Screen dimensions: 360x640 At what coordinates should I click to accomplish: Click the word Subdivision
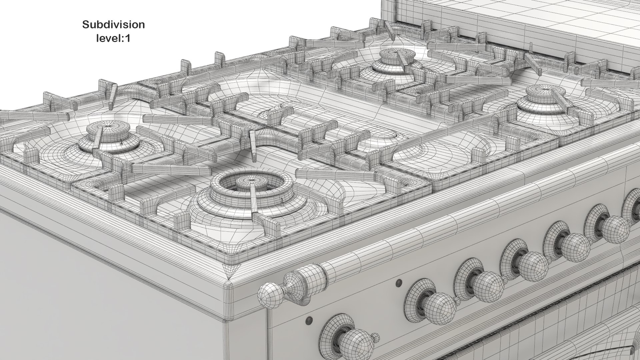pos(113,25)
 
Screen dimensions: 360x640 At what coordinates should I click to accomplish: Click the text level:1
pos(113,38)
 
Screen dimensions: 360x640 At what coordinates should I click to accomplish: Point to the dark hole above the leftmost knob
pos(309,320)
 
